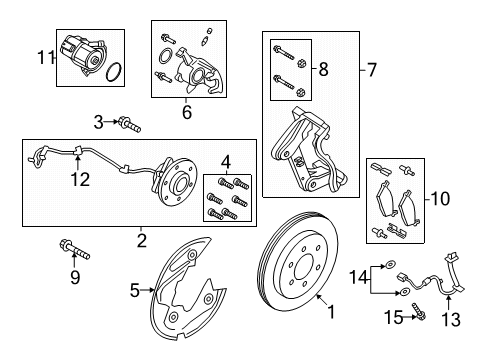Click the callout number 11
click(46, 58)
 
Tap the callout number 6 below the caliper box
click(187, 112)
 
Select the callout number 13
click(451, 319)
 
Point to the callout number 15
click(394, 317)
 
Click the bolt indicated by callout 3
click(129, 124)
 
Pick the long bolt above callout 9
click(75, 250)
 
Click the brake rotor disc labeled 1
click(298, 262)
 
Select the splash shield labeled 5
click(187, 288)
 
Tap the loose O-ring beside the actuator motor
click(113, 72)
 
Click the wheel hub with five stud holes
click(178, 183)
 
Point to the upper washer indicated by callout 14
click(390, 265)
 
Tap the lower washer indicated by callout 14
click(404, 292)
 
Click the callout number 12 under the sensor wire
click(80, 180)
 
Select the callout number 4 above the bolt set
click(226, 163)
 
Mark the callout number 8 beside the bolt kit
click(323, 69)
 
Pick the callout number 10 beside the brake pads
click(440, 199)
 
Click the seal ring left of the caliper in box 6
click(165, 56)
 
